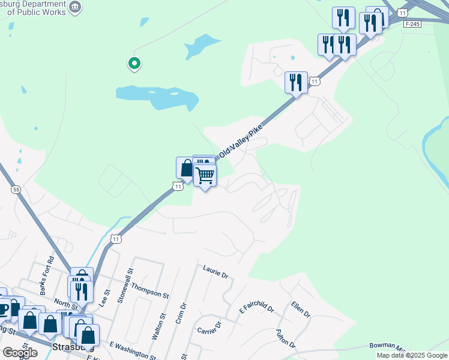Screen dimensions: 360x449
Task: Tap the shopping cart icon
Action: coord(205,175)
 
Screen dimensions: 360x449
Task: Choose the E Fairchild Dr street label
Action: coord(256,308)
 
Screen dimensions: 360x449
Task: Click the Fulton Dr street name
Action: coord(285,338)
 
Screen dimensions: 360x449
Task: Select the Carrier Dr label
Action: coord(209,328)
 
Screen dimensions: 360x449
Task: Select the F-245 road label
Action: coord(412,24)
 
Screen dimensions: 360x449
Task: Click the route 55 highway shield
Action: coord(16,190)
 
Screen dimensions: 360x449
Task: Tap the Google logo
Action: coord(20,353)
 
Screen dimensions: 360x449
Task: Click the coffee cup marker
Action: coord(4,309)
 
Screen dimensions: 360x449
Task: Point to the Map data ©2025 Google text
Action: coord(412,355)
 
